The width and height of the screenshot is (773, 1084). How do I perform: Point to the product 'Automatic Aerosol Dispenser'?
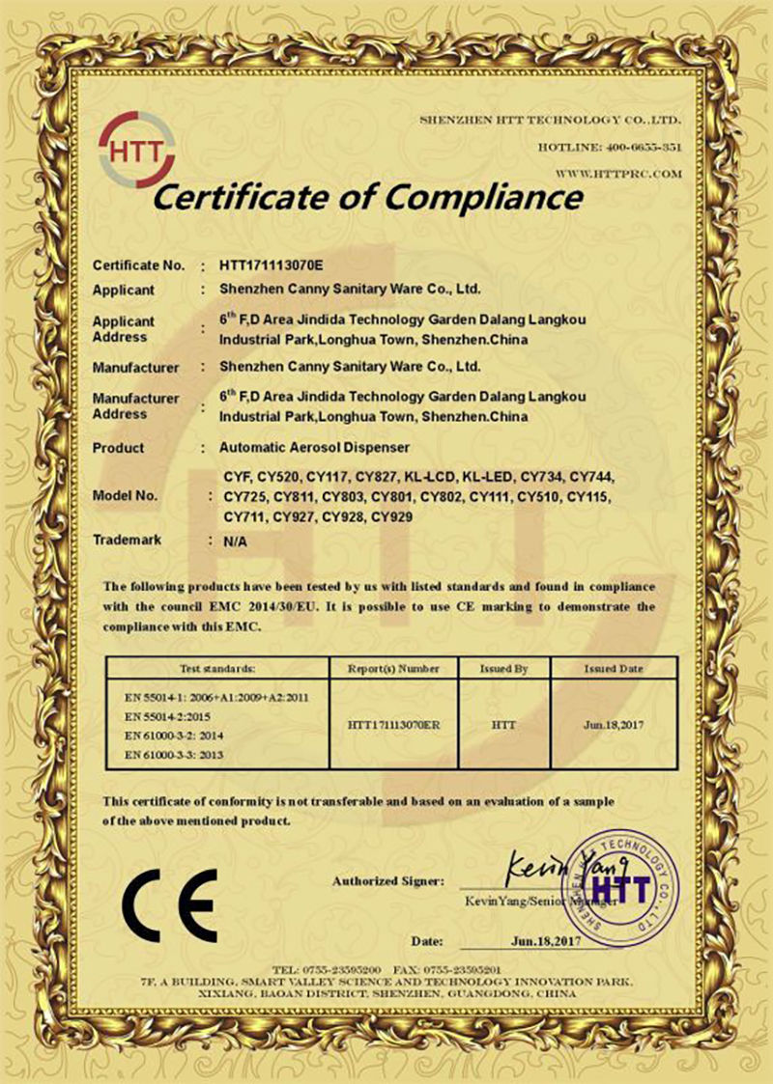pos(316,448)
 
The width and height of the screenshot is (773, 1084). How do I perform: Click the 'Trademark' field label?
pos(127,541)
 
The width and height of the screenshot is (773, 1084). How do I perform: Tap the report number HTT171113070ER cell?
pos(391,723)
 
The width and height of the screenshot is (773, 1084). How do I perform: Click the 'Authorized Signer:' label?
pos(388,881)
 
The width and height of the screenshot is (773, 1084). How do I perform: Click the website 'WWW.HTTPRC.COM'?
pos(619,174)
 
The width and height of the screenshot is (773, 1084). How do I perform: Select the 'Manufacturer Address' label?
pos(136,405)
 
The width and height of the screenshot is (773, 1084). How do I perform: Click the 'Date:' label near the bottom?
pos(427,939)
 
